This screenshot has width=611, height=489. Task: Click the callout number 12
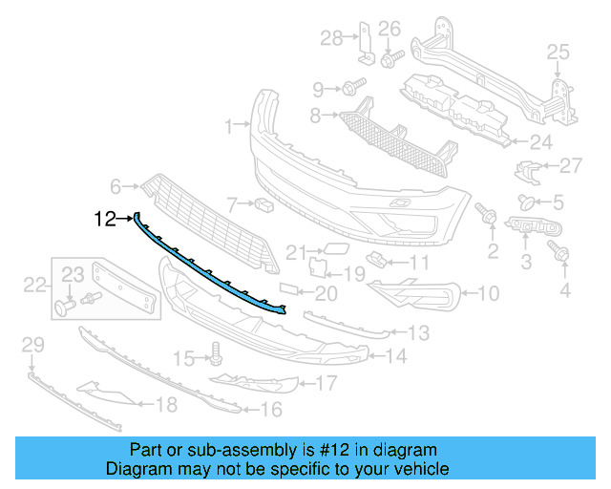[x=105, y=220]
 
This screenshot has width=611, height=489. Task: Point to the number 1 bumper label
[x=229, y=125]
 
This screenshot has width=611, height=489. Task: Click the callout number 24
[x=541, y=143]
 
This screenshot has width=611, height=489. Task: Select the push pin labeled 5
[x=525, y=202]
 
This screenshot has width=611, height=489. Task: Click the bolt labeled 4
[x=560, y=253]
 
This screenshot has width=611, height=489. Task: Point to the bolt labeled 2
[x=490, y=218]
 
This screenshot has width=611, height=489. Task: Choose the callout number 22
[x=35, y=284]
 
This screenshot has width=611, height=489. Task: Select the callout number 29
[x=32, y=344]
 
